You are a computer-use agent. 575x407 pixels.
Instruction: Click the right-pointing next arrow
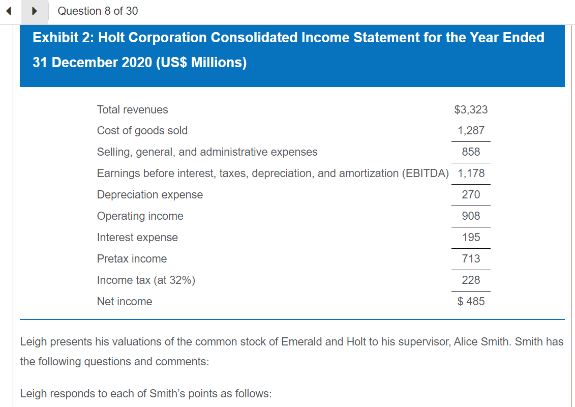pyautogui.click(x=35, y=11)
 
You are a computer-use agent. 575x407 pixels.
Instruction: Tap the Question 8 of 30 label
pyautogui.click(x=98, y=11)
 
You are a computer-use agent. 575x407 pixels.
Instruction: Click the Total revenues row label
pyautogui.click(x=132, y=110)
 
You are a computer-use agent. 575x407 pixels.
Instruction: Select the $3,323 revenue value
pyautogui.click(x=471, y=110)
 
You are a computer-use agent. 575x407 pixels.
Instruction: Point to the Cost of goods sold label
pyautogui.click(x=142, y=131)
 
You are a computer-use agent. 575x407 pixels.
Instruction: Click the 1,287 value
pyautogui.click(x=471, y=131)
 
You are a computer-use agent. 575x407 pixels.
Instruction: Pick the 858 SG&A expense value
pyautogui.click(x=471, y=152)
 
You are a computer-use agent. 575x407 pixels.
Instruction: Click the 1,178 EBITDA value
pyautogui.click(x=471, y=173)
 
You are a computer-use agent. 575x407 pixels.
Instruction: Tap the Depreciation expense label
pyautogui.click(x=149, y=195)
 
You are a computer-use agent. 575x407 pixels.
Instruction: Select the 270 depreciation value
pyautogui.click(x=471, y=195)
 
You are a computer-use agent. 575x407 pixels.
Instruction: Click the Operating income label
pyautogui.click(x=140, y=216)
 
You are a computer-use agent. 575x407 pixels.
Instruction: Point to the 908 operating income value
pyautogui.click(x=471, y=216)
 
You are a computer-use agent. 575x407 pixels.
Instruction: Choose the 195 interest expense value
pyautogui.click(x=471, y=238)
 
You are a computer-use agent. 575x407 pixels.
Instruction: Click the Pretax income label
pyautogui.click(x=132, y=259)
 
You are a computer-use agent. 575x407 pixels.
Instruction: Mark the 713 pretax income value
pyautogui.click(x=471, y=259)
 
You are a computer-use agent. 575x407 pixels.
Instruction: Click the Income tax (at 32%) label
pyautogui.click(x=146, y=280)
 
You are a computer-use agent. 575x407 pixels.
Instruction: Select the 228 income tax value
pyautogui.click(x=471, y=280)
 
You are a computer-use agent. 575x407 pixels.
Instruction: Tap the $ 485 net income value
pyautogui.click(x=471, y=302)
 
